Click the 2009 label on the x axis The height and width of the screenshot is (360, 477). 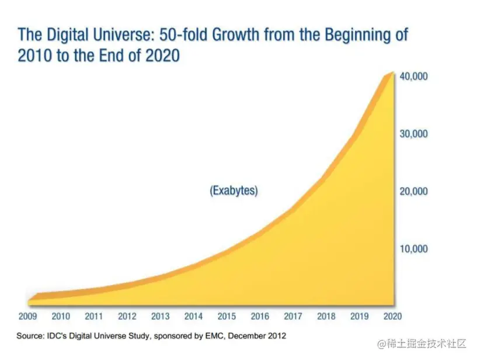[27, 316]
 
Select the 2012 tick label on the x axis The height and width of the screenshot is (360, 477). [127, 316]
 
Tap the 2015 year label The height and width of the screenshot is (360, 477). [227, 316]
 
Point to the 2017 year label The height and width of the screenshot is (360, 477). [293, 316]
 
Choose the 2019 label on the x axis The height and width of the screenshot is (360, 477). [360, 316]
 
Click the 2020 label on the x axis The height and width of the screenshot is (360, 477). [392, 316]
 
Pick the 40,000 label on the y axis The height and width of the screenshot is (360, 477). [413, 77]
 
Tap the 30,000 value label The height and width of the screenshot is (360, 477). [413, 134]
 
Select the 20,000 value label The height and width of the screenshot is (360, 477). [413, 191]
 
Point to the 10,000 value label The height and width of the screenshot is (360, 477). [413, 249]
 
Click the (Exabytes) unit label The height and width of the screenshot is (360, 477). [234, 191]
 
